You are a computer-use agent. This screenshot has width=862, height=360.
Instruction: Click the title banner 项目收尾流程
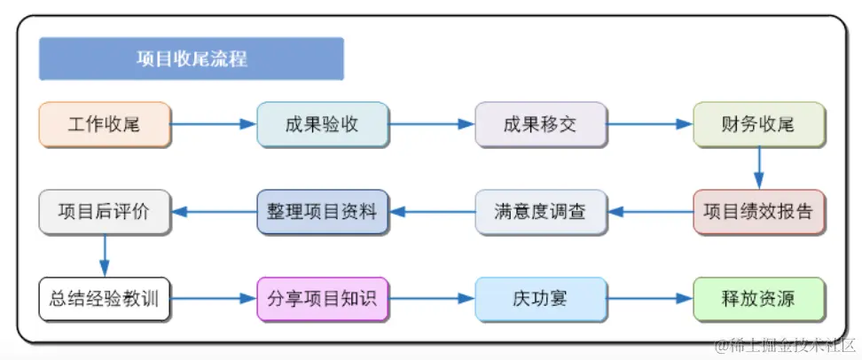192,59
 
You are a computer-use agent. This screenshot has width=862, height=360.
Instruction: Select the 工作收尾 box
105,124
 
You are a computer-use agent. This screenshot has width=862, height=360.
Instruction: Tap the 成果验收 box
322,124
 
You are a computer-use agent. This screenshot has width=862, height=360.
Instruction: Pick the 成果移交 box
540,124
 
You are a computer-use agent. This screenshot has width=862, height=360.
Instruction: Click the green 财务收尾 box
758,124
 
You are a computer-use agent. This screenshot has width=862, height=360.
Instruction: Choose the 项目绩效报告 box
758,212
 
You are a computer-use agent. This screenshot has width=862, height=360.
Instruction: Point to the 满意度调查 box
540,212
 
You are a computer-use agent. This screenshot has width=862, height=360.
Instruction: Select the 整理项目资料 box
322,212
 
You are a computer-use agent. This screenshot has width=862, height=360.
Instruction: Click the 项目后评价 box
105,212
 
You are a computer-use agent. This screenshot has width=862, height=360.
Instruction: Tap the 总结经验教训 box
105,299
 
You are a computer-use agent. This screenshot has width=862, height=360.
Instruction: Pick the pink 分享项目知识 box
322,299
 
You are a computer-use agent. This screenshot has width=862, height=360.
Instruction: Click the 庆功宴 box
540,299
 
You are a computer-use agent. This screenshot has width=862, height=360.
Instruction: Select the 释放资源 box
758,299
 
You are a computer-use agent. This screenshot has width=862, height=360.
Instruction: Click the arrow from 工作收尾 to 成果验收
213,124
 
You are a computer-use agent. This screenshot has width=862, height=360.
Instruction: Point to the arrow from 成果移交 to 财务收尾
649,124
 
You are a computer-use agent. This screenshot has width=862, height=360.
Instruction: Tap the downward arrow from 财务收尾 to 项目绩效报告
759,168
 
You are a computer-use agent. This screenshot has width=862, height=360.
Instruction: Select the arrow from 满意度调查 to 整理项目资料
432,212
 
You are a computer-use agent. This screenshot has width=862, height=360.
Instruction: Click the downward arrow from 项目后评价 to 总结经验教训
105,255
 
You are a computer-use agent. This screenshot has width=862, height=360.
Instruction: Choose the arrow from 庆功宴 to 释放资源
649,299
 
